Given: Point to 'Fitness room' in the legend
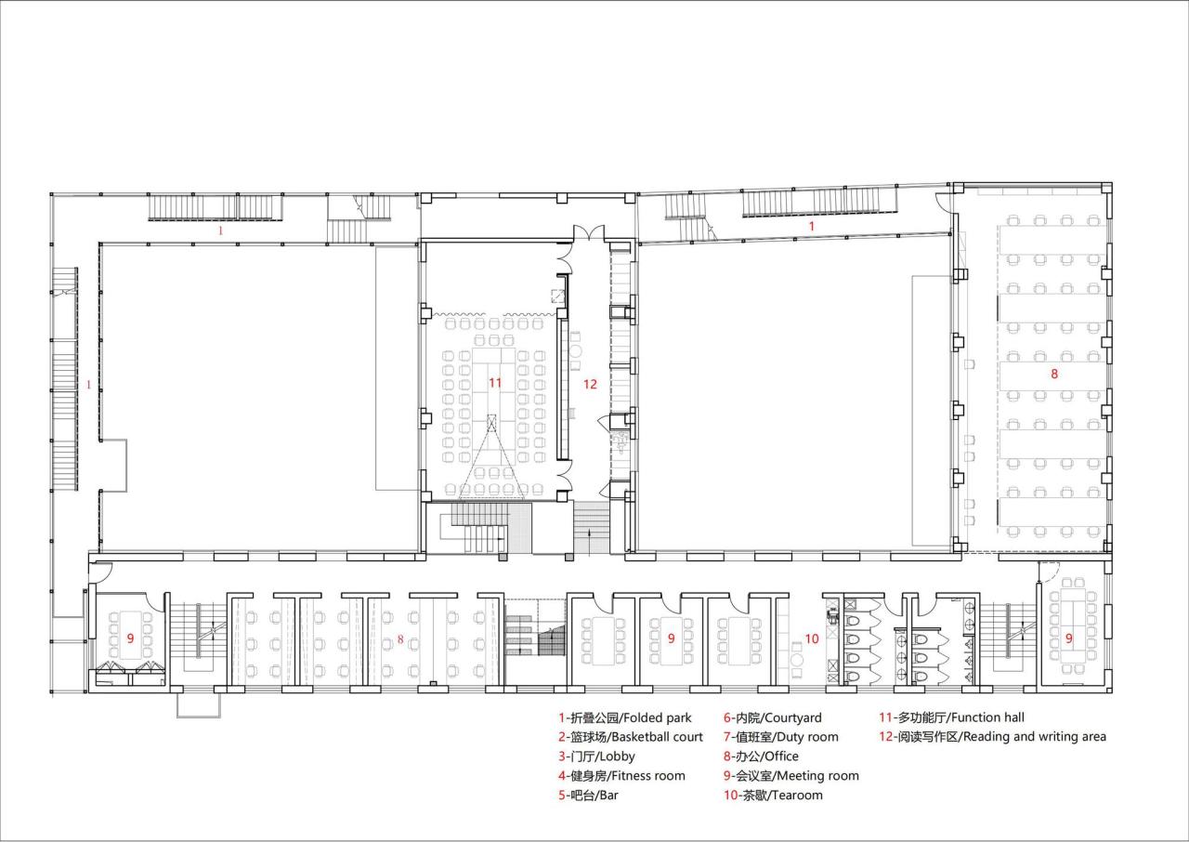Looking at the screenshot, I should (x=621, y=776).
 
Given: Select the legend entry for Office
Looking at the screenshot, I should (x=761, y=756).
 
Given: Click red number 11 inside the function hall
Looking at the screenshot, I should (x=495, y=382).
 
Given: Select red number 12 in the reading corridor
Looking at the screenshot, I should (x=590, y=383).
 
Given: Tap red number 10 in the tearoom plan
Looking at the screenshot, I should (x=811, y=638).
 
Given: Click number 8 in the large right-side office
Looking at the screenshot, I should (x=1054, y=374).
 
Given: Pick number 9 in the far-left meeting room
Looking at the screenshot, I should (x=130, y=638).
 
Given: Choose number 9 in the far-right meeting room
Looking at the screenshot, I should (x=1069, y=638).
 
